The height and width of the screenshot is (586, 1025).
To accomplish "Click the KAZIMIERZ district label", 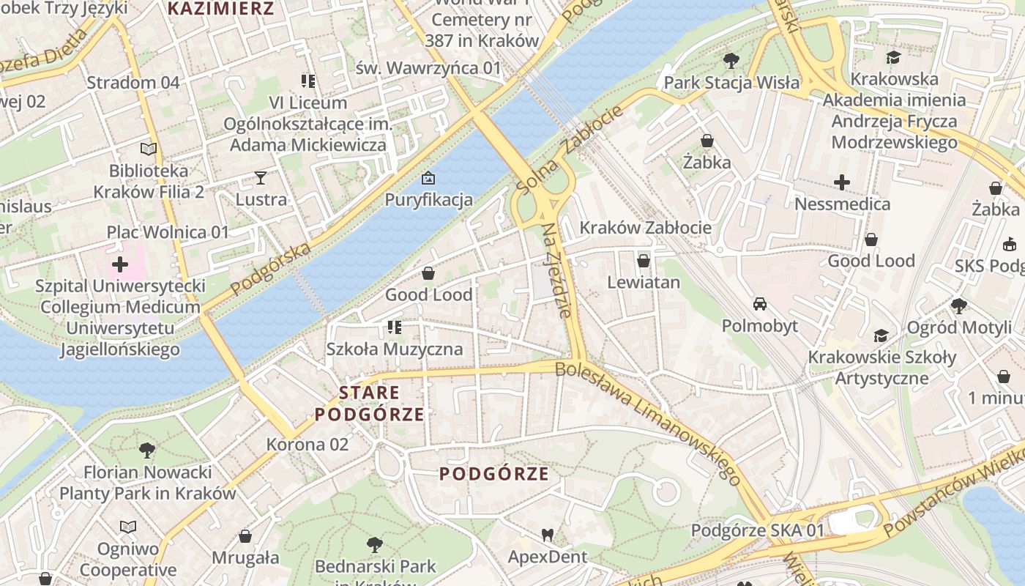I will click(x=220, y=10).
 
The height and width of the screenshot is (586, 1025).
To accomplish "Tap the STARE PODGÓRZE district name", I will click(x=370, y=404).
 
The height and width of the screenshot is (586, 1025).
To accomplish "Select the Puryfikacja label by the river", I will click(x=428, y=200).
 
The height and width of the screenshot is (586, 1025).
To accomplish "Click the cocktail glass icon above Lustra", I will click(x=261, y=177).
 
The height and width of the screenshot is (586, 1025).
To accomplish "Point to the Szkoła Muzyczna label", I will click(x=395, y=349).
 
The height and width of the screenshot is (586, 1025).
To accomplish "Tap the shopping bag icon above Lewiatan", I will click(x=644, y=261).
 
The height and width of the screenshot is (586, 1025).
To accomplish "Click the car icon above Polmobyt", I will click(x=760, y=304).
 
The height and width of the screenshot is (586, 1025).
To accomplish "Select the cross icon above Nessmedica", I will click(x=842, y=182).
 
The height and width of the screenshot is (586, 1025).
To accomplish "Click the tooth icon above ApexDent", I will click(x=547, y=535).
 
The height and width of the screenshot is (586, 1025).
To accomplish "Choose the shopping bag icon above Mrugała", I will click(x=245, y=536).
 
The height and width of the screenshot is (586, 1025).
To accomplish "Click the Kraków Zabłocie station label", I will click(x=645, y=228).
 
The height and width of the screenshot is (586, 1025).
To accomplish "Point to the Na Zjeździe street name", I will click(x=556, y=270).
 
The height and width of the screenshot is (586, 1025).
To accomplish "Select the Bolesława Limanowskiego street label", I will click(x=648, y=424).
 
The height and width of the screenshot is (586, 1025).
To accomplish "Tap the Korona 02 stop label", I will click(x=307, y=445).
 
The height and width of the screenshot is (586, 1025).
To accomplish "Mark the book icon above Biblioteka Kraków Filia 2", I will click(x=149, y=149).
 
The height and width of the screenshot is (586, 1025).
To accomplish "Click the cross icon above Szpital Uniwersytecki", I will click(x=120, y=264).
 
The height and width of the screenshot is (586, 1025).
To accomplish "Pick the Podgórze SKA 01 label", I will click(x=758, y=530).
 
